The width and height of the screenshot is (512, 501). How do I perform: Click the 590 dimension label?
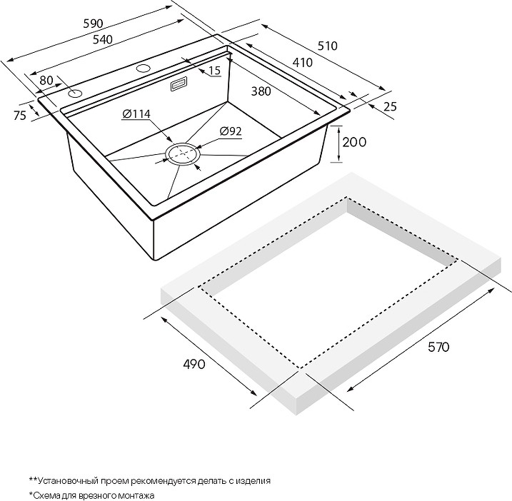click(94, 24)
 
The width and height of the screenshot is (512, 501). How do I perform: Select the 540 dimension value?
click(103, 39)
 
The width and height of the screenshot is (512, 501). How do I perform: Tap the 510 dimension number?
click(327, 46)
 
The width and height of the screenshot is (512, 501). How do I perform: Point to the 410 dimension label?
click(302, 62)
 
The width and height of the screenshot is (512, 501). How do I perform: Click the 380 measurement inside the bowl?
click(261, 91)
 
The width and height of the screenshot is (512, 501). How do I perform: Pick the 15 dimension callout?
click(214, 71)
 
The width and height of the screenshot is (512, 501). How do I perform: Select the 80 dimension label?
click(46, 81)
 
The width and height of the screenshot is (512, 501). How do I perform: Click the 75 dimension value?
click(19, 115)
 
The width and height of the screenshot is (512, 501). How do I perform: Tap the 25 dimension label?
click(390, 106)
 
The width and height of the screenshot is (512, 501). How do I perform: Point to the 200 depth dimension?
click(354, 142)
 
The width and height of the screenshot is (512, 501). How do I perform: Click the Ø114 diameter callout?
click(136, 114)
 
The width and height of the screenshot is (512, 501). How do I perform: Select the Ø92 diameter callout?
click(231, 131)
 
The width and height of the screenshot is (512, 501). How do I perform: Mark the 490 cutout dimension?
click(194, 364)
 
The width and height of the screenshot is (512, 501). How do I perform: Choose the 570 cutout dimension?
click(438, 347)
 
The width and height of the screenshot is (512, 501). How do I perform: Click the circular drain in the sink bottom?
click(182, 154)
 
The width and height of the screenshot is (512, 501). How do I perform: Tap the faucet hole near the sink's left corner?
click(75, 94)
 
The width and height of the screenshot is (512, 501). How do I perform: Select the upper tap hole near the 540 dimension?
click(143, 69)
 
